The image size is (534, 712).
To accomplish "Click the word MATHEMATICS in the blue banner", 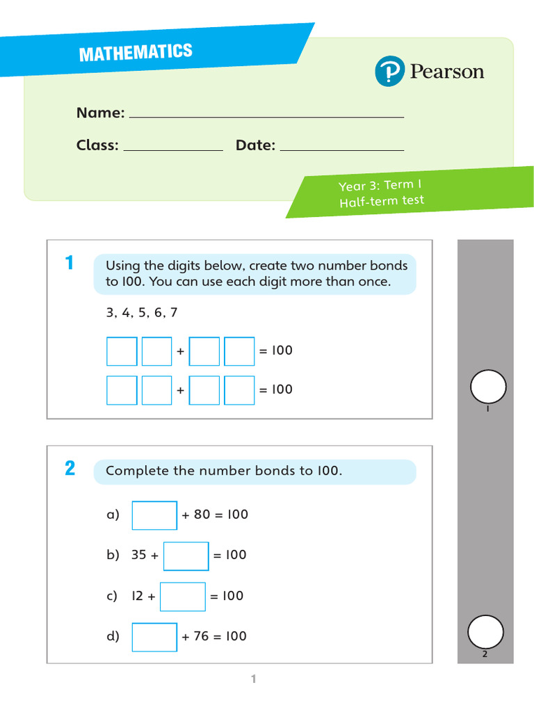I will [x=135, y=52].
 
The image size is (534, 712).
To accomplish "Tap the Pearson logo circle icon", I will [x=389, y=72].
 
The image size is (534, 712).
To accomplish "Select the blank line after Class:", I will [x=172, y=149].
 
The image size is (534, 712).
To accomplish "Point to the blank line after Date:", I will [x=341, y=149].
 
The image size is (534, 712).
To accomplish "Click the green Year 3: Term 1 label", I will [x=380, y=186].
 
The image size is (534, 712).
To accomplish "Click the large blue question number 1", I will [x=69, y=264].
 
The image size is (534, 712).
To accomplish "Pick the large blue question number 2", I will [x=70, y=469].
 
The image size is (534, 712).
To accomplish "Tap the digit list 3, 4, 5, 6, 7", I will [x=142, y=313].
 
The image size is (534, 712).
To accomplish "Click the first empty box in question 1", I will [x=122, y=351].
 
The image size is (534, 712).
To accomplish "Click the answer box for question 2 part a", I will [x=154, y=515].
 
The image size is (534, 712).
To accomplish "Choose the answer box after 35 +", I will [x=186, y=556].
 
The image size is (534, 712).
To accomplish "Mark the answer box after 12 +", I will [x=183, y=597].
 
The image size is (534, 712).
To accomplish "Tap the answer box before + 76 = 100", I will [x=154, y=637].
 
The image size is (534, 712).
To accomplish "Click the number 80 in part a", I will [x=202, y=515].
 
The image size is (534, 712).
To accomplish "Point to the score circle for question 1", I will [x=488, y=387].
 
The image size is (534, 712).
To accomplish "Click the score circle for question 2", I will [x=485, y=632].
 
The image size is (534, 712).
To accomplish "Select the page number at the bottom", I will [x=254, y=679].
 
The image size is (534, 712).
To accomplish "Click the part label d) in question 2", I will [x=113, y=636].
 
